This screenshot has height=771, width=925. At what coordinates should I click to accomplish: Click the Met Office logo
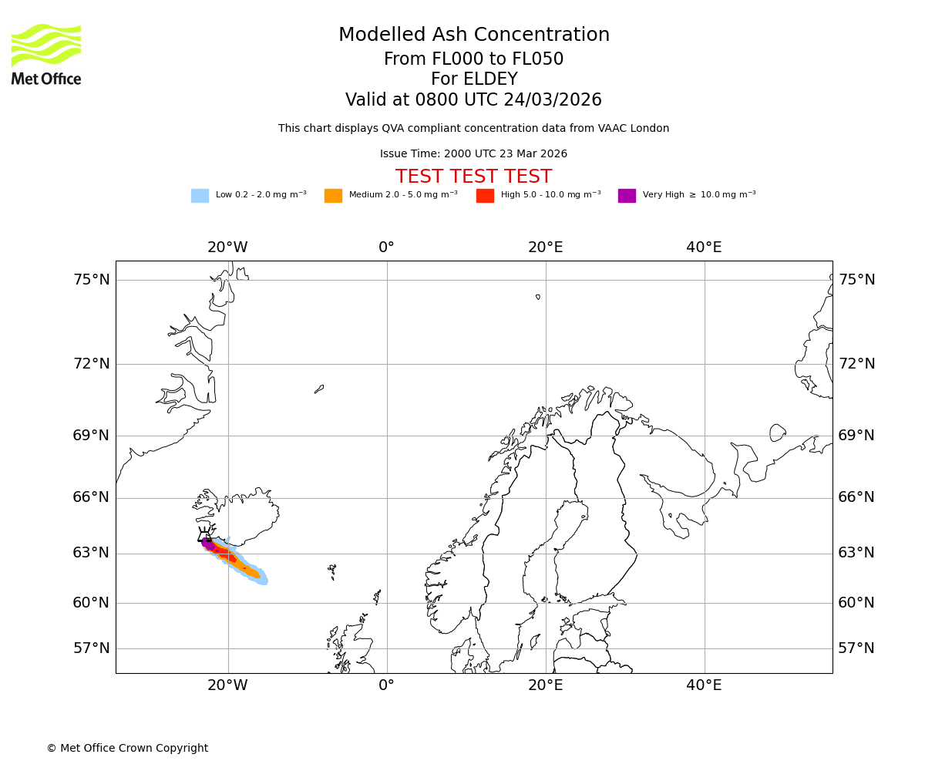point(46,54)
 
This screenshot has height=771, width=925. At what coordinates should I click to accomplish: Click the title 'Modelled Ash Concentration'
point(474,35)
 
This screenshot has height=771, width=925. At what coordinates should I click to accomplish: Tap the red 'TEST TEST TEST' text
point(473,177)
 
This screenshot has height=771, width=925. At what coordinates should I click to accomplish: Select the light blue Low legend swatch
point(200,196)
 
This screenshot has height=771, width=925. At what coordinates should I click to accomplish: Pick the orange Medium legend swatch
point(333,196)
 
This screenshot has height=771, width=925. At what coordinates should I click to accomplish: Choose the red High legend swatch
point(485,196)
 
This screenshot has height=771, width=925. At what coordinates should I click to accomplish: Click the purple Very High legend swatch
point(627,196)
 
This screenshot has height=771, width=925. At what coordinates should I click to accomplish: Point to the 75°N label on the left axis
point(92,280)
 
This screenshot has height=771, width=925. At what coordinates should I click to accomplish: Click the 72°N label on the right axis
point(856,364)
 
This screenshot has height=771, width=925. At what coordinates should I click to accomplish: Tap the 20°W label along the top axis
point(227,247)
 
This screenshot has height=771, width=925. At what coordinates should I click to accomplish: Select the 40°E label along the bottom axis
point(704,685)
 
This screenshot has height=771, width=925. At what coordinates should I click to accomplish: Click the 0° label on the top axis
point(386,247)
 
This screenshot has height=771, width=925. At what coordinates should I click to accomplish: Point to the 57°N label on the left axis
point(92,648)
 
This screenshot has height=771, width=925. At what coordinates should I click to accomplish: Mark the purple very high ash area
point(207,544)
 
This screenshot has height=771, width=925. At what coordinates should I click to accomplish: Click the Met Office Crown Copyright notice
point(127,749)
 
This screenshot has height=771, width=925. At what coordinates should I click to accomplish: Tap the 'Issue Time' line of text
point(473,154)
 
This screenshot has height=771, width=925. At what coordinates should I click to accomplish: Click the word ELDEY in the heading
point(490,80)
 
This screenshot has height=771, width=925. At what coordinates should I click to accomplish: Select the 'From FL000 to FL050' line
point(473,59)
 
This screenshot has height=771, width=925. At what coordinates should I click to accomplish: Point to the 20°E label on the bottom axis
point(545,685)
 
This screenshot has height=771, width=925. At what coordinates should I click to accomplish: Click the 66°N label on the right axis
point(856,497)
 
